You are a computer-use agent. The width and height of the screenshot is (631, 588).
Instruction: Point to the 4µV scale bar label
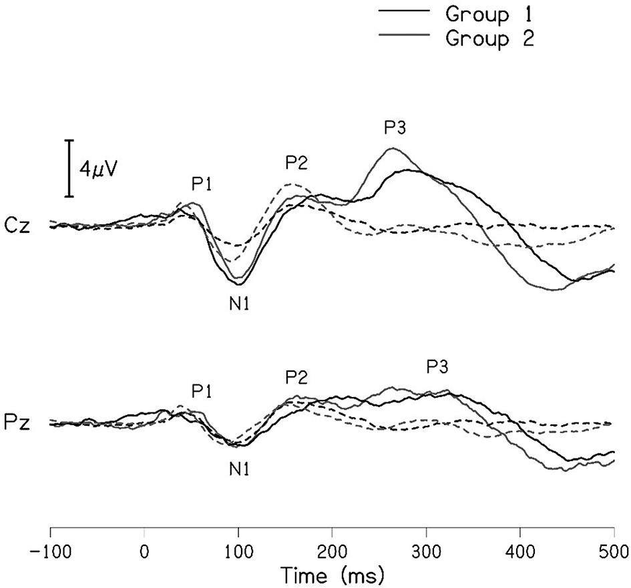click(99, 169)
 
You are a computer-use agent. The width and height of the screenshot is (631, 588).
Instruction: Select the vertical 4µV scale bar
click(69, 168)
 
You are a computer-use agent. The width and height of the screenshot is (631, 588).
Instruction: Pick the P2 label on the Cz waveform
click(296, 162)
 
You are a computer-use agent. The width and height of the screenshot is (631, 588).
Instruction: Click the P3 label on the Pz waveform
click(437, 366)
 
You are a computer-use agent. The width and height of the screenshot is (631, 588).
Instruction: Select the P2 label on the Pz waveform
click(296, 378)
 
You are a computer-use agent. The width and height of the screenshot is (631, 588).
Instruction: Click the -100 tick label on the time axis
click(50, 552)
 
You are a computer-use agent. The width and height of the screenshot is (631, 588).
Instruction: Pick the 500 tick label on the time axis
click(613, 552)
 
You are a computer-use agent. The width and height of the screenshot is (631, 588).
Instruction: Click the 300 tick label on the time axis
click(426, 552)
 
